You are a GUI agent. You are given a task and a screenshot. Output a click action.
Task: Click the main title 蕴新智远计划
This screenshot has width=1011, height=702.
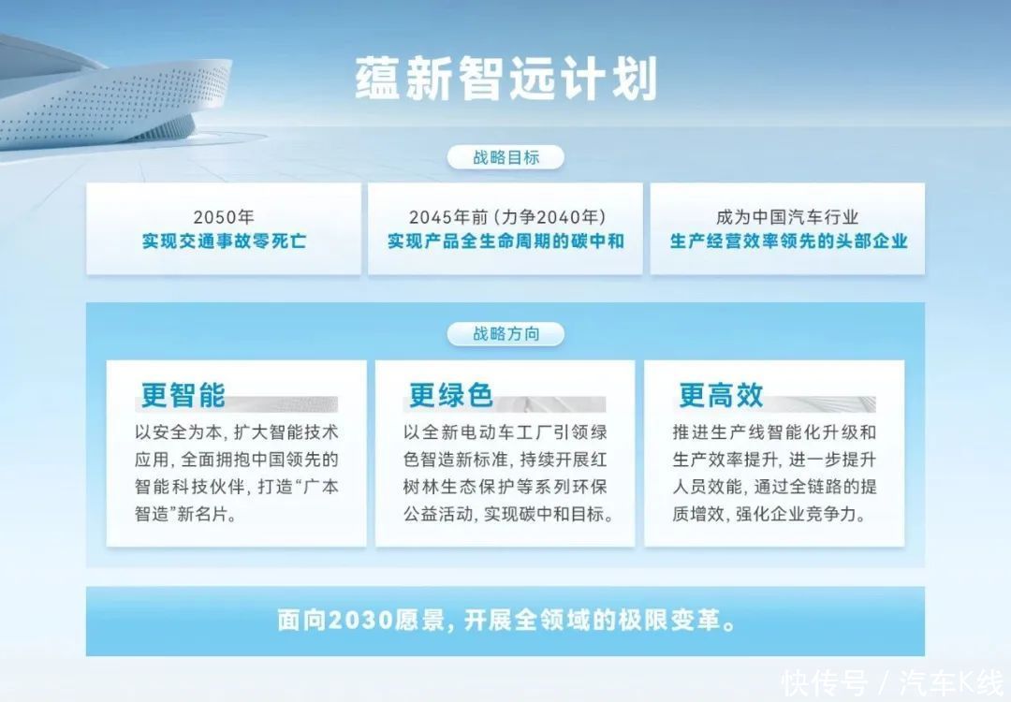point(506,79)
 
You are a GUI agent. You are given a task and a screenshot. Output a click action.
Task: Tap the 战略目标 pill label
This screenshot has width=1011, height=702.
point(505,157)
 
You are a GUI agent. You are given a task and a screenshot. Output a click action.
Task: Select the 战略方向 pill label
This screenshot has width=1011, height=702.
point(505,334)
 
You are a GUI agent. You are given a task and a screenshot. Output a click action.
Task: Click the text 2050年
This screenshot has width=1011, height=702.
point(224,216)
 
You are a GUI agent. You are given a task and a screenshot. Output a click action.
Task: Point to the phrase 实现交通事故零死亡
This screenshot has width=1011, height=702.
point(224,241)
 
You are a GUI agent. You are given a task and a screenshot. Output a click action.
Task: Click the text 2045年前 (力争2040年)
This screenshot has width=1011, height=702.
point(506,216)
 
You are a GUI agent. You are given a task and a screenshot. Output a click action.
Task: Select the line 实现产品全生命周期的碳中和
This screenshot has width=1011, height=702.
point(505,241)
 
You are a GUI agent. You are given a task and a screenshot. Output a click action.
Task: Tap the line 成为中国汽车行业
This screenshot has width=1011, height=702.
point(787,216)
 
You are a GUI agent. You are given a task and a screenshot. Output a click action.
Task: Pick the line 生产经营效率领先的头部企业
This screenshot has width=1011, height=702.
point(788,241)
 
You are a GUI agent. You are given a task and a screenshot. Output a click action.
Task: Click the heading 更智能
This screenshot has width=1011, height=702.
point(183,394)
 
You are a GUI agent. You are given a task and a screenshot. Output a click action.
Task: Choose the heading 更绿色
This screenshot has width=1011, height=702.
point(450,394)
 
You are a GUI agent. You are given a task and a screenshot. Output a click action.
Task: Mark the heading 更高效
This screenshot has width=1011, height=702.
point(721,394)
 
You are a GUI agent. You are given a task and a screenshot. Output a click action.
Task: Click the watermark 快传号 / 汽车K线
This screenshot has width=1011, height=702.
point(892,683)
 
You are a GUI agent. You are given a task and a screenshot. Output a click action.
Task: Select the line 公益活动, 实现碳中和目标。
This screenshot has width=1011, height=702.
point(508,514)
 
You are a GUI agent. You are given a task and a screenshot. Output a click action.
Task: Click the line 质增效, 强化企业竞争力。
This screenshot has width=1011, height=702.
point(769,514)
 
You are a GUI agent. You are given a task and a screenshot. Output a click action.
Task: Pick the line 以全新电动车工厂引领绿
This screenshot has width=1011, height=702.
point(505,431)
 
